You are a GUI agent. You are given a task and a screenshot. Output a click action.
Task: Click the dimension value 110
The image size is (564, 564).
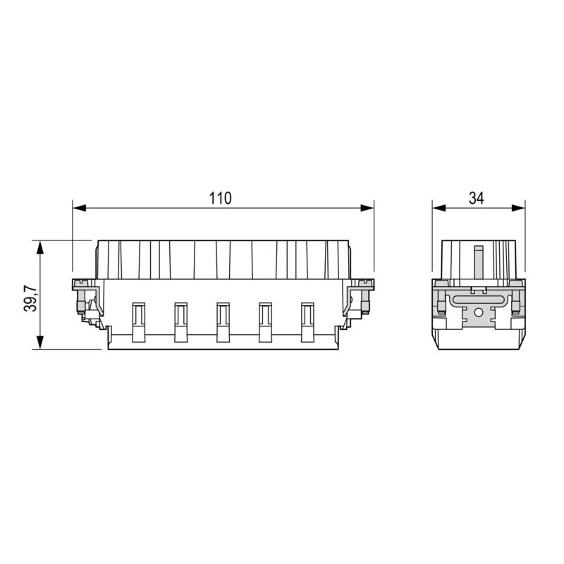click(220, 199)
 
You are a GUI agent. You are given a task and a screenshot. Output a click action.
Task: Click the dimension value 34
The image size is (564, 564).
click(477, 199)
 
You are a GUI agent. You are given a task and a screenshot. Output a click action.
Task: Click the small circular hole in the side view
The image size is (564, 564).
click(479, 312)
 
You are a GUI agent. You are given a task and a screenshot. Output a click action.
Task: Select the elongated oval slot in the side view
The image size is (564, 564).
click(479, 300)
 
